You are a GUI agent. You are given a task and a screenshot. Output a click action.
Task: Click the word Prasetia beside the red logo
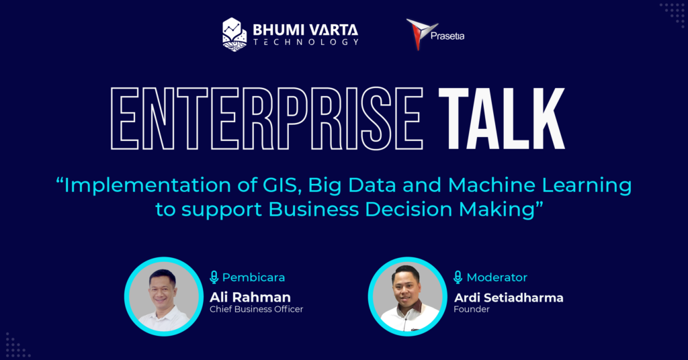[x=447, y=36]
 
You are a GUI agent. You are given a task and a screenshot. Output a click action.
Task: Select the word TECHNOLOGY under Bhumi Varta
[x=306, y=42]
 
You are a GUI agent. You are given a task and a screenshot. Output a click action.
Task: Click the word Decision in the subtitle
[x=411, y=209]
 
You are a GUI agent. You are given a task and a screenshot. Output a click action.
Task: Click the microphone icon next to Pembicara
[x=214, y=277]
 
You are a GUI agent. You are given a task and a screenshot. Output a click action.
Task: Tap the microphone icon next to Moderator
[x=458, y=277]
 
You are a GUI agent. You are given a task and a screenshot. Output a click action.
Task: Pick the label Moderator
[x=497, y=277]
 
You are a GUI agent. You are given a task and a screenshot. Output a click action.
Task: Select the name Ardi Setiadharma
[x=508, y=296]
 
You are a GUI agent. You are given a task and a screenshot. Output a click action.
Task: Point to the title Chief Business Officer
[x=256, y=310]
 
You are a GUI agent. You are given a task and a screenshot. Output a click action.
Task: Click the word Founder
[x=471, y=310]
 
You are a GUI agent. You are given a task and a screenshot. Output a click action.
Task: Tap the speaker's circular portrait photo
[x=163, y=296]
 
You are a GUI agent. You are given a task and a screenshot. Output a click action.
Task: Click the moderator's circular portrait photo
[x=407, y=296]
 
